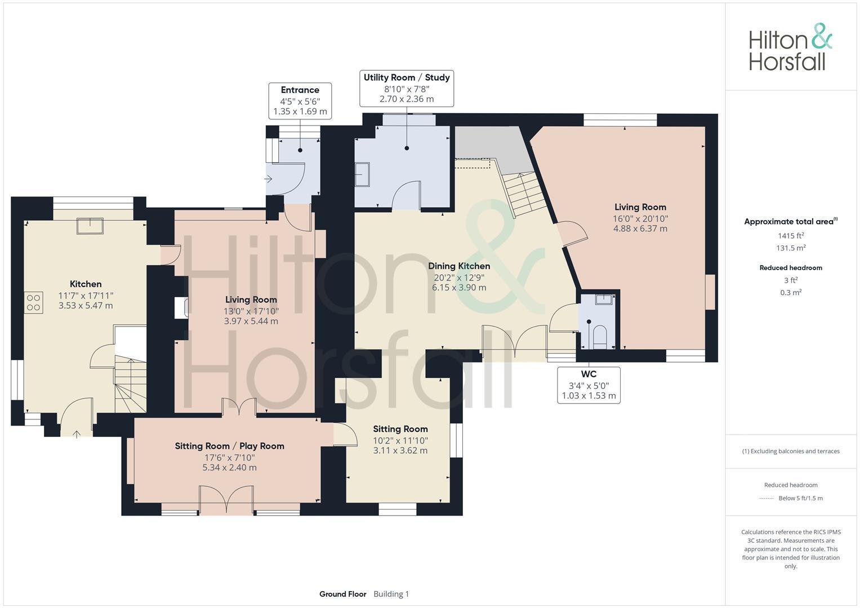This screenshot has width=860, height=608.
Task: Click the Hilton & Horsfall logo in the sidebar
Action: click(x=790, y=47)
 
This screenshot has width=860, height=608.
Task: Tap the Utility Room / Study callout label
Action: click(x=406, y=88)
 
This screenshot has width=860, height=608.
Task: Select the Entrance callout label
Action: click(x=300, y=101)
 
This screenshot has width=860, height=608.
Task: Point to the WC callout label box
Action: click(x=589, y=385)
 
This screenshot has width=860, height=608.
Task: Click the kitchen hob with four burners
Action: click(x=33, y=301)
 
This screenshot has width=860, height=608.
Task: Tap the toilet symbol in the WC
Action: click(x=599, y=337)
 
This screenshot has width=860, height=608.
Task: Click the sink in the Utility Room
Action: click(x=362, y=175)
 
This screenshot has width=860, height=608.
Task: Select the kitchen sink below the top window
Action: click(x=91, y=225)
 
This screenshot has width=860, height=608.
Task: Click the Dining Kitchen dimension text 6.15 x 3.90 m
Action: click(x=458, y=288)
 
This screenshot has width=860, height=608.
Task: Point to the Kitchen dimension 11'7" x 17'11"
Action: click(x=86, y=296)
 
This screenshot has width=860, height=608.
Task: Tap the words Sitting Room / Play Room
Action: click(x=229, y=446)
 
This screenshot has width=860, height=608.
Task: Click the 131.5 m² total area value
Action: click(x=791, y=248)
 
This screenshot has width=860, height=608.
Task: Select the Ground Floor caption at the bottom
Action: click(x=342, y=594)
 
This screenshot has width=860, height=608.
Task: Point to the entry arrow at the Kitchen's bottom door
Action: click(x=77, y=432)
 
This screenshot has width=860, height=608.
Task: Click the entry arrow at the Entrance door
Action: click(x=269, y=179)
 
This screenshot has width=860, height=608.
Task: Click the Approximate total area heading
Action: click(x=791, y=221)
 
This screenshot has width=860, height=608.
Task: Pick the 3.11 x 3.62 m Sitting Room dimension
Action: click(x=400, y=450)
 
